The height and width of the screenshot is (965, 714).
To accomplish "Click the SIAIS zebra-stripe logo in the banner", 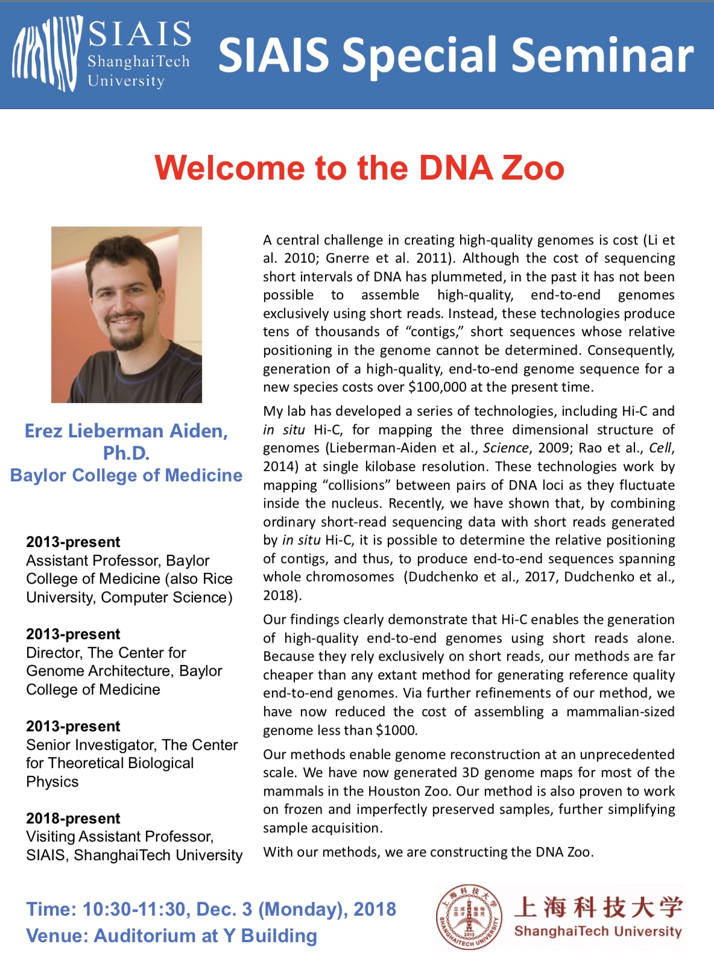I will click(47, 54).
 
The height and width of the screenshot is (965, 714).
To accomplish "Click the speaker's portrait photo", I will click(127, 314).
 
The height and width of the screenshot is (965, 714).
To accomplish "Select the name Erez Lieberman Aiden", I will click(126, 431).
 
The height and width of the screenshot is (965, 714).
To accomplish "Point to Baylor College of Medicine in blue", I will click(126, 475).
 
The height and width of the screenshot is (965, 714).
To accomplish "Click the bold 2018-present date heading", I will click(73, 818).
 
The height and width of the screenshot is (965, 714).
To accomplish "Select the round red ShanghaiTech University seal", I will click(469, 917).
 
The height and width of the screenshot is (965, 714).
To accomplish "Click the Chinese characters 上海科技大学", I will click(598, 907).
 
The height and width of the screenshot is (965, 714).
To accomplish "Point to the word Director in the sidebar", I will click(53, 652).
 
